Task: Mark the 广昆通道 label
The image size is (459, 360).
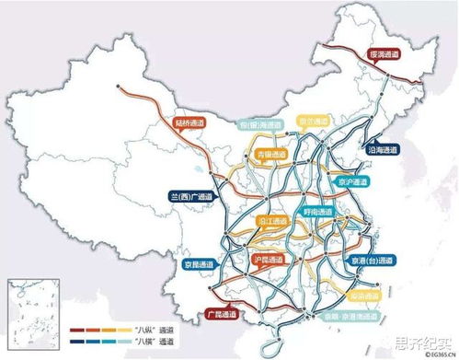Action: [224, 315]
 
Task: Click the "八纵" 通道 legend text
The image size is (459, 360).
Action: [155, 328]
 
